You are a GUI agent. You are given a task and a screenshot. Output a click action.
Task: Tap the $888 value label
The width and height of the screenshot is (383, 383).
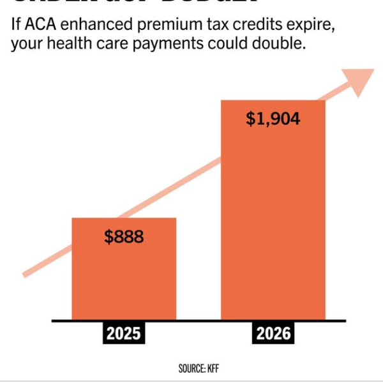pyautogui.click(x=124, y=237)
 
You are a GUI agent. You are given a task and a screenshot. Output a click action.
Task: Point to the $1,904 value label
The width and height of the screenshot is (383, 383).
pyautogui.click(x=273, y=119)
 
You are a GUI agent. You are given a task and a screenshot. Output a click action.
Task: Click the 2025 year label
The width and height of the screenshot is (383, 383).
pyautogui.click(x=124, y=334)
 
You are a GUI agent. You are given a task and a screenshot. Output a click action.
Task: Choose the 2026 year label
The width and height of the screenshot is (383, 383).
pyautogui.click(x=273, y=334)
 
